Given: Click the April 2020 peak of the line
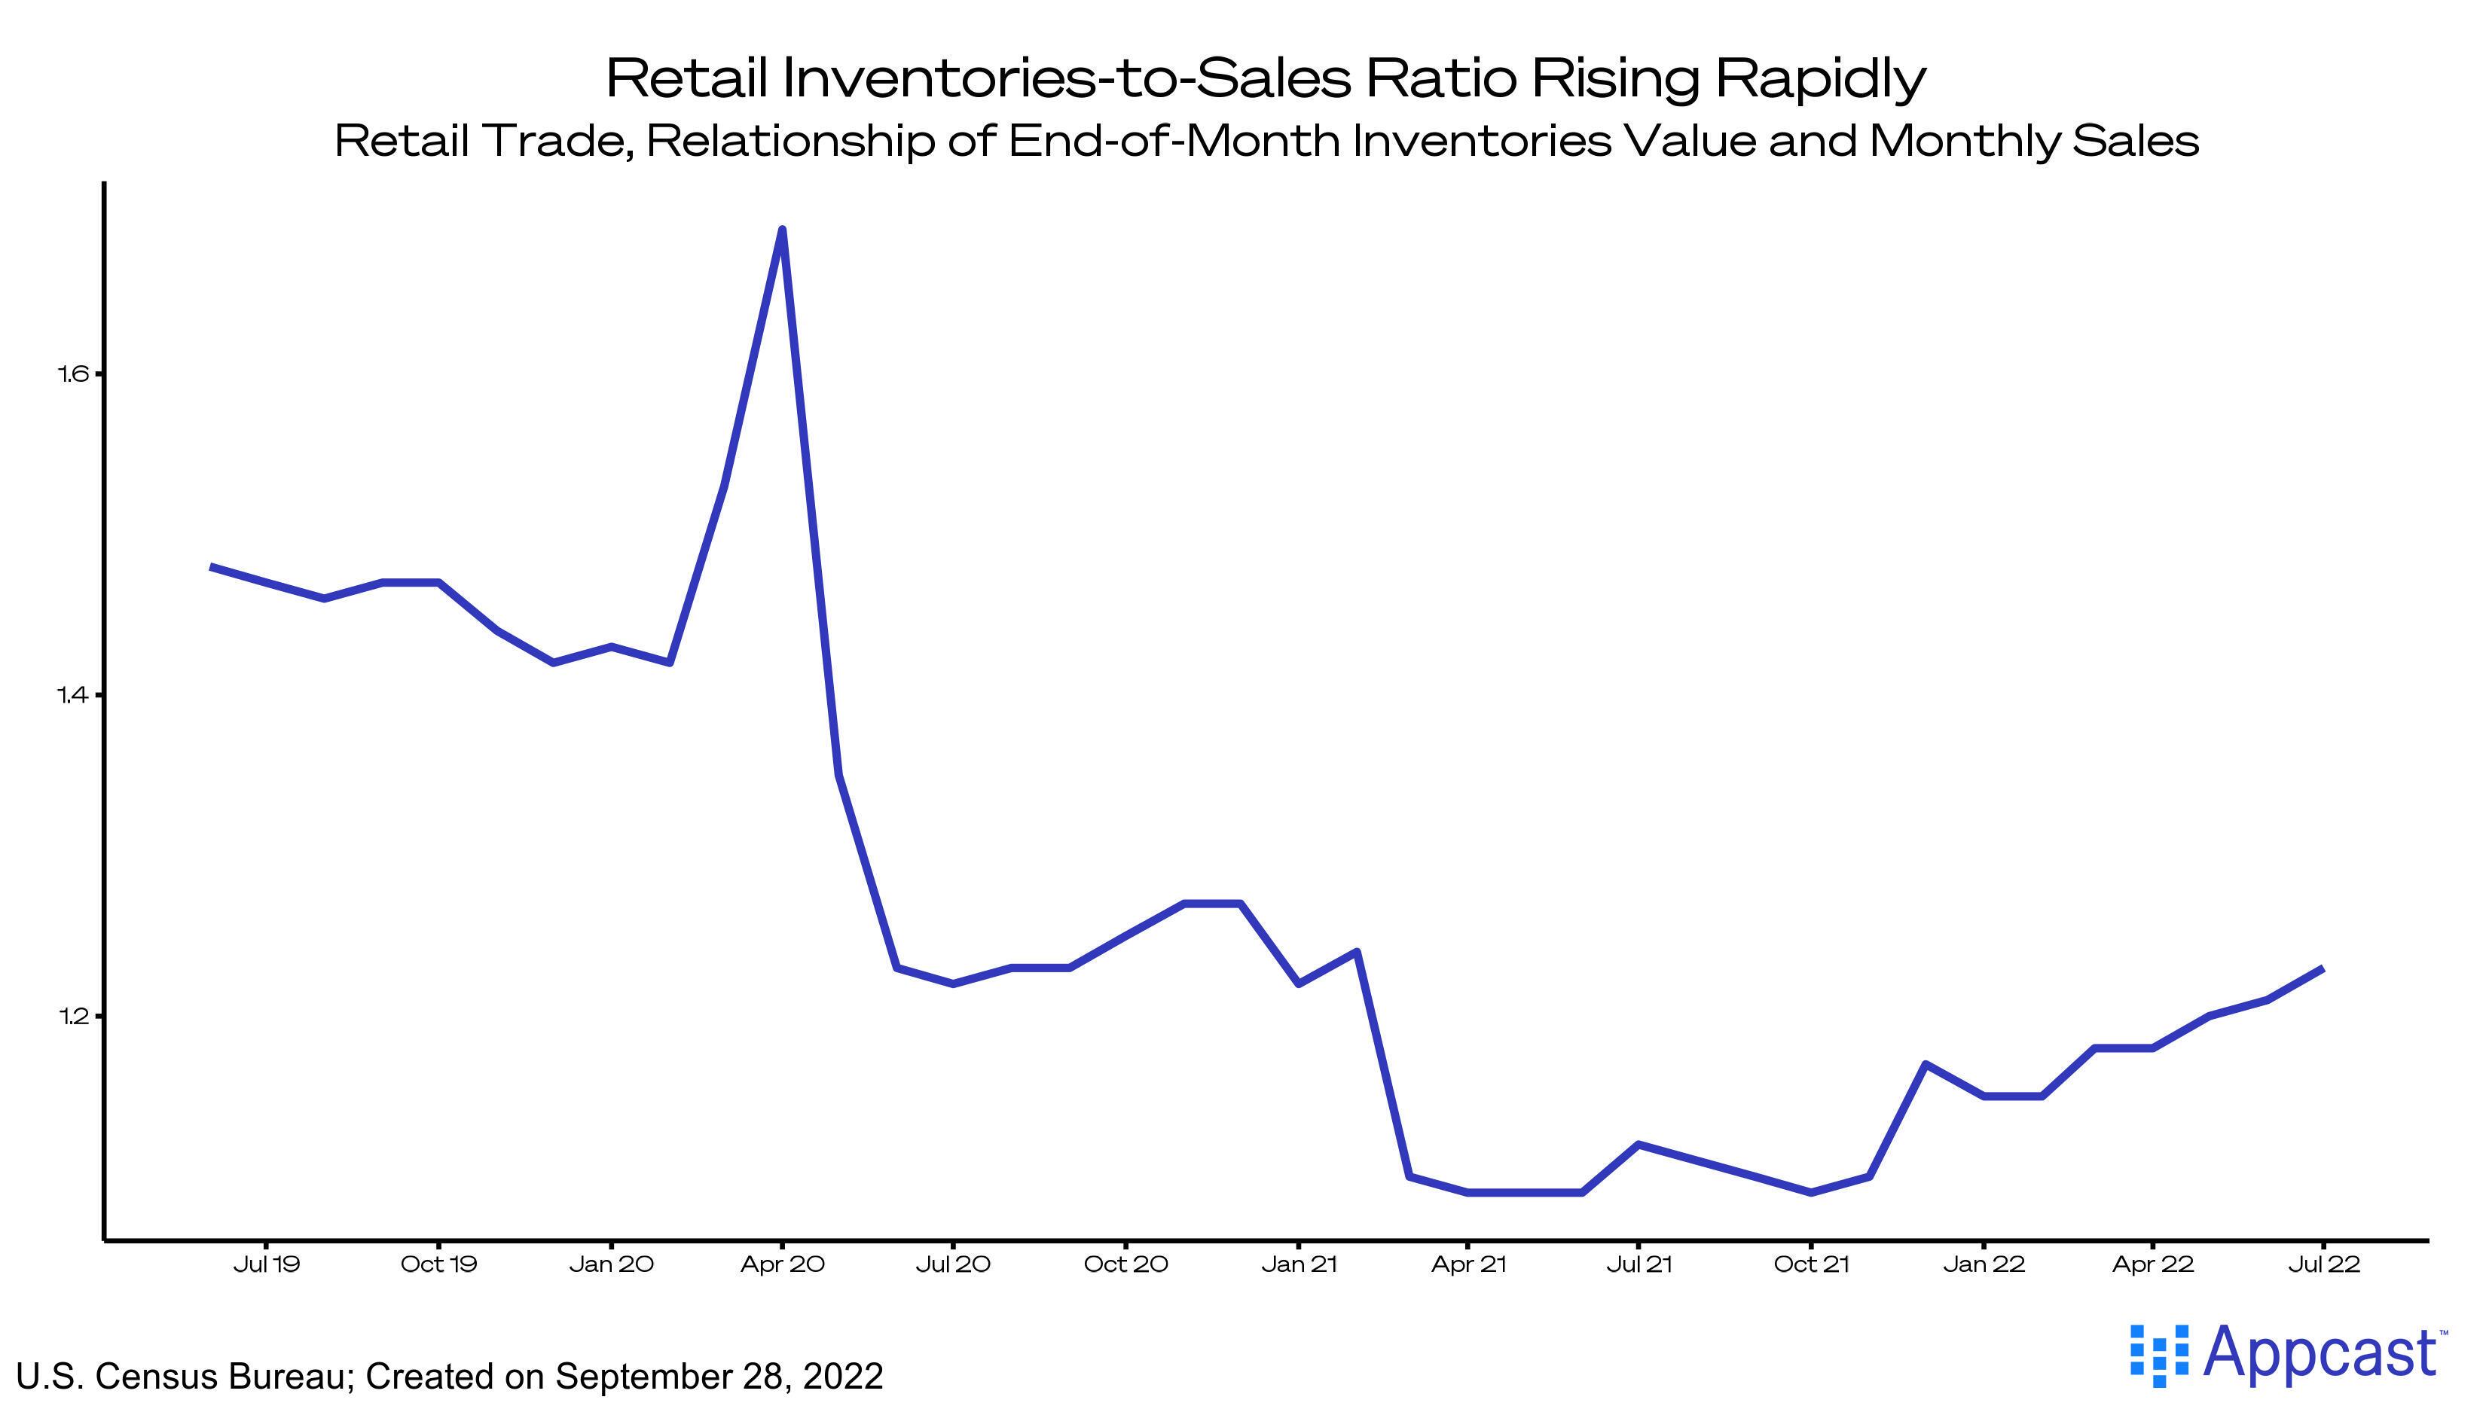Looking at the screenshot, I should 782,230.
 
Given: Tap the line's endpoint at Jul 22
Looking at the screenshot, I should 2322,968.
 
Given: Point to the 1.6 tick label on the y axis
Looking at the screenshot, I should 74,374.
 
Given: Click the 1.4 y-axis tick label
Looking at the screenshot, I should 74,694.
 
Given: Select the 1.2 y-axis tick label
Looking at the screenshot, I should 74,1017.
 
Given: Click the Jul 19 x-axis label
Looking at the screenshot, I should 267,1264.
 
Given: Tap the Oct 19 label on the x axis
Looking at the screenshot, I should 438,1264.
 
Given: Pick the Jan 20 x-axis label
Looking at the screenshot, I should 611,1264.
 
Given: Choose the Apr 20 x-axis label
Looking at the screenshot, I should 782,1264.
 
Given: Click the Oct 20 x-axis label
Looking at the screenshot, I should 1125,1264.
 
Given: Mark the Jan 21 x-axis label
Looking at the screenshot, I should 1299,1264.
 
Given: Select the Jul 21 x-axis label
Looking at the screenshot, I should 1639,1264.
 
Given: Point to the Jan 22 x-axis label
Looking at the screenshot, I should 1984,1264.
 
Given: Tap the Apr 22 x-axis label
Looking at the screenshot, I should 2153,1264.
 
